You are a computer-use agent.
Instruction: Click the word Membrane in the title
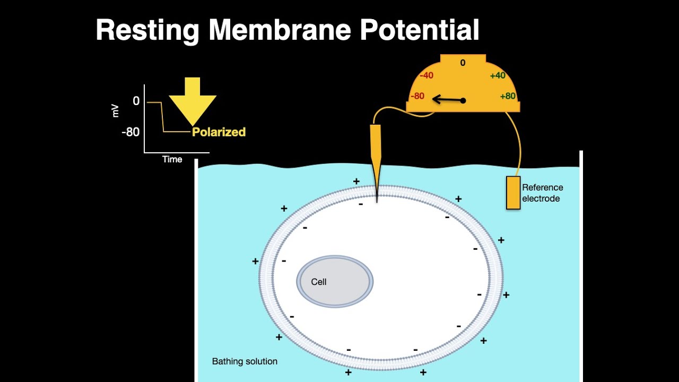[280, 29]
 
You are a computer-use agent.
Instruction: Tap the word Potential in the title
[420, 29]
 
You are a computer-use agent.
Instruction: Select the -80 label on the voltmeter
[417, 96]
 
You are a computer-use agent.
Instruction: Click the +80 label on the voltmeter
[508, 96]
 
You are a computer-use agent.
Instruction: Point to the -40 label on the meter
[426, 75]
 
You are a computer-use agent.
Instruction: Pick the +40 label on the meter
[498, 75]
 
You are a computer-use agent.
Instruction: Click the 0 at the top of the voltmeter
[463, 63]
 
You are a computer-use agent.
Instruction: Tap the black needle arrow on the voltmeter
[449, 99]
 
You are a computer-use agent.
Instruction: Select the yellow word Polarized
[219, 132]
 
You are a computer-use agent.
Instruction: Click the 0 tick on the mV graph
[136, 101]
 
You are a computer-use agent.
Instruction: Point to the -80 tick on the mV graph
[130, 132]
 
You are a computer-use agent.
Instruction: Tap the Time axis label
[172, 160]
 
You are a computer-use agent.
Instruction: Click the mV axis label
[115, 111]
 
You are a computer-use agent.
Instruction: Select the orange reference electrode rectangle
[513, 193]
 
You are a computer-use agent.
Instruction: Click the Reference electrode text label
[542, 193]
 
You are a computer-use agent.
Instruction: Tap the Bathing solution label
[245, 361]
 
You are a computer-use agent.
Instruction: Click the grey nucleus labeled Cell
[335, 282]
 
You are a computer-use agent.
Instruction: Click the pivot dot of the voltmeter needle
[463, 101]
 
